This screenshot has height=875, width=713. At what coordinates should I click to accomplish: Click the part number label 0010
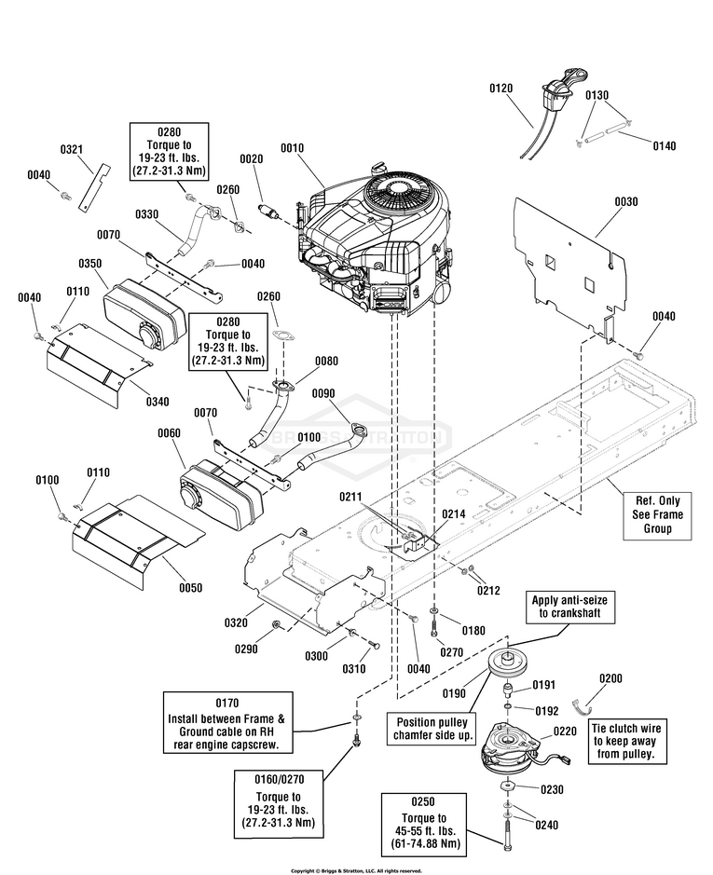pyautogui.click(x=292, y=147)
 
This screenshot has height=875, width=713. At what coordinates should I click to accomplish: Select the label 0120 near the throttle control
pyautogui.click(x=501, y=88)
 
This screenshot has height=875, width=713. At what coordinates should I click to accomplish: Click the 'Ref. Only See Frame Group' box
pyautogui.click(x=658, y=514)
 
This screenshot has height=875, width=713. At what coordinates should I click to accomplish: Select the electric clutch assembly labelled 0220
pyautogui.click(x=509, y=745)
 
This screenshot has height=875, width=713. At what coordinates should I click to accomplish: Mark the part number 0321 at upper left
pyautogui.click(x=73, y=150)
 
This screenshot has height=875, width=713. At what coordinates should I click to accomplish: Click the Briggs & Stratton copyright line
pyautogui.click(x=356, y=870)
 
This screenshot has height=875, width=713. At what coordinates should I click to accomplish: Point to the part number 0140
pyautogui.click(x=665, y=145)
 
